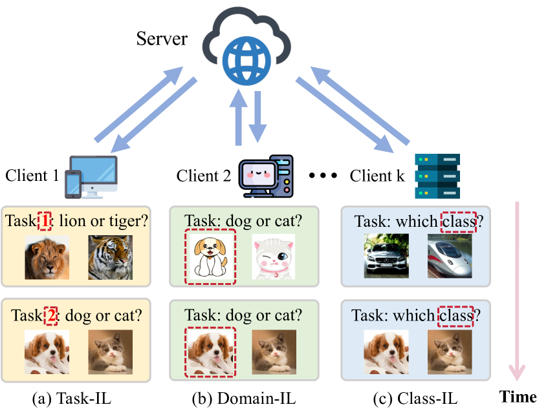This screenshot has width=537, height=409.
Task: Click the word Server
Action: coord(162,39)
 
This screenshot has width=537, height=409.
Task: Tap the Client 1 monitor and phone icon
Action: coord(91,176)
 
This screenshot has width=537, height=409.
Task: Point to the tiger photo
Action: coord(111,257)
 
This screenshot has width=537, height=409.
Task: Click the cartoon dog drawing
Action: coord(210,257)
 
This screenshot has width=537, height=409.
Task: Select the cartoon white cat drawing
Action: coord(274,257)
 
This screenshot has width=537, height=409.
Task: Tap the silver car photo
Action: coord(386,257)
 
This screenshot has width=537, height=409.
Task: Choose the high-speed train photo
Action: coord(449,257)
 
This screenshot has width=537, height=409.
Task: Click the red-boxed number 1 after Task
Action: coord(45,221)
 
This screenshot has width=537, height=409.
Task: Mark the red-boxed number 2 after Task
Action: coord(50,317)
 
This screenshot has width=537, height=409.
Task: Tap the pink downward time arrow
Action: coord(516,291)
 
